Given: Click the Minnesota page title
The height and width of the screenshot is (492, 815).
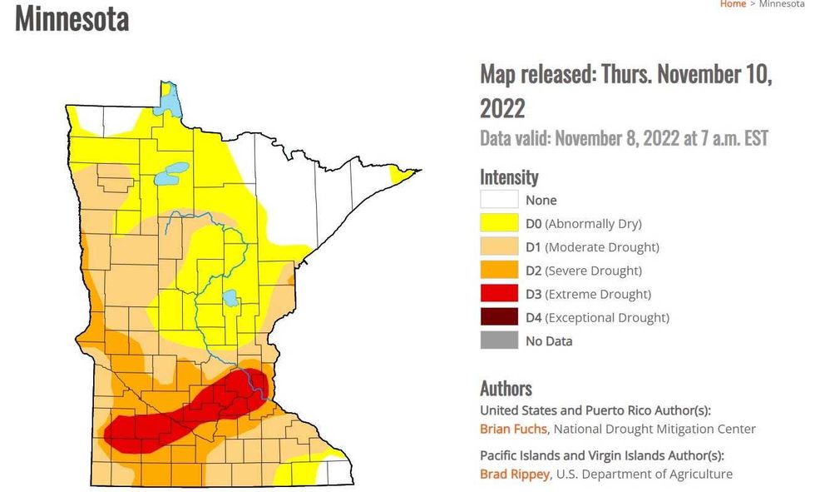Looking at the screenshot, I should (72, 18).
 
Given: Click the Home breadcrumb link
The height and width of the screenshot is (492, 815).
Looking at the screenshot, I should (733, 4).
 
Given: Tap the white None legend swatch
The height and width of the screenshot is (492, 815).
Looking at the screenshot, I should (498, 200).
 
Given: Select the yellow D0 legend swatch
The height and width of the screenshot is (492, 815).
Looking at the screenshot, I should (498, 223).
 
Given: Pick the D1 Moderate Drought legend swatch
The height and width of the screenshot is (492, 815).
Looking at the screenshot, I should (498, 246).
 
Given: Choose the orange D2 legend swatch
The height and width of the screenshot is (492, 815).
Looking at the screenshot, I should (498, 271).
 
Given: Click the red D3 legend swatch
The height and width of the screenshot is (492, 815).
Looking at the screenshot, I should (498, 294).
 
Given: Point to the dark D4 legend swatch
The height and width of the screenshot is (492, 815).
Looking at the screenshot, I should (498, 317).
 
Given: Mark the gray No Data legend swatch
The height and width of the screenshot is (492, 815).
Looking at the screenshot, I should (498, 340).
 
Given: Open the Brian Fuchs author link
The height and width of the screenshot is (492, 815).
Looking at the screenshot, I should (514, 429).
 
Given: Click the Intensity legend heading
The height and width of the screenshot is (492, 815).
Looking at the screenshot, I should (509, 176).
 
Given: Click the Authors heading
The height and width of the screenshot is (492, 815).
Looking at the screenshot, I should (506, 388).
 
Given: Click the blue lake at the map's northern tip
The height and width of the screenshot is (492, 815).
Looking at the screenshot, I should (169, 104).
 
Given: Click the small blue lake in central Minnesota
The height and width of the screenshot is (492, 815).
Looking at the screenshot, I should (230, 298).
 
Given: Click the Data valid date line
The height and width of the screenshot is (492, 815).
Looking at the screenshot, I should (624, 137).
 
